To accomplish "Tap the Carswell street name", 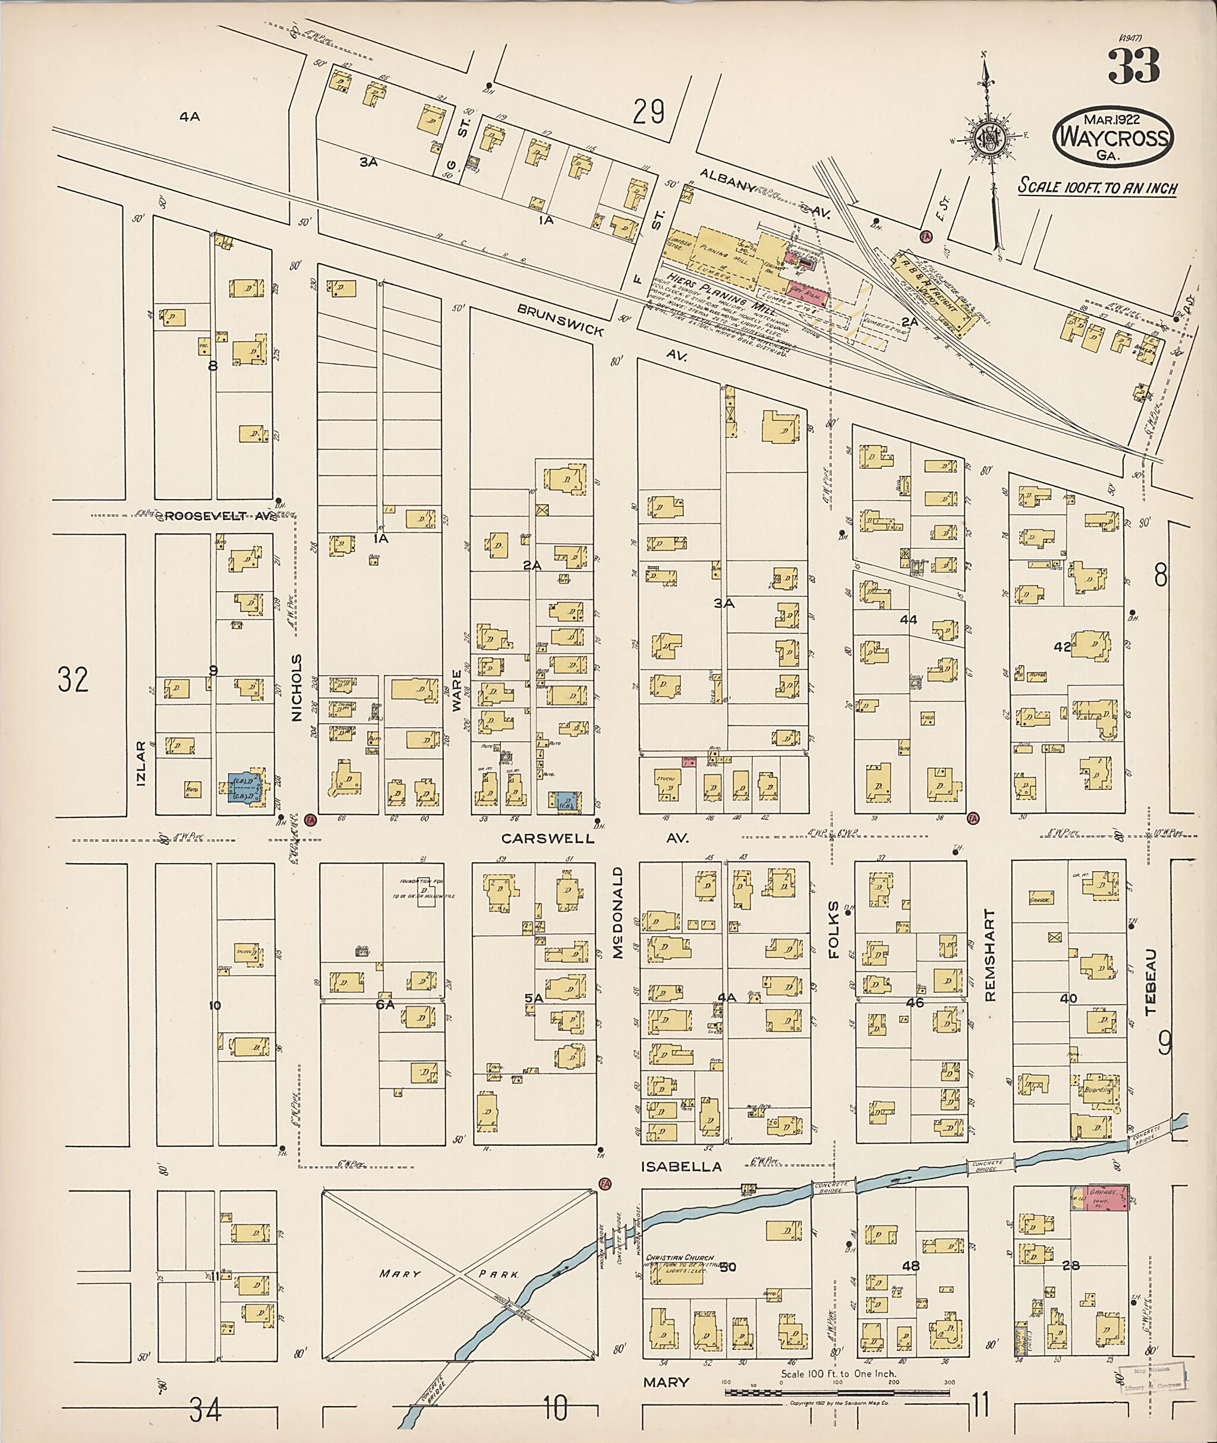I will pyautogui.click(x=547, y=838).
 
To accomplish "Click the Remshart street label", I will pyautogui.click(x=990, y=955).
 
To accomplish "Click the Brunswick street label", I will pyautogui.click(x=561, y=321).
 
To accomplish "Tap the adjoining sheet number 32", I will pyautogui.click(x=73, y=680).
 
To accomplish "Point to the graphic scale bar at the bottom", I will pyautogui.click(x=836, y=1392).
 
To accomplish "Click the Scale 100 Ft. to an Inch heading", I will pyautogui.click(x=1098, y=188).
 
